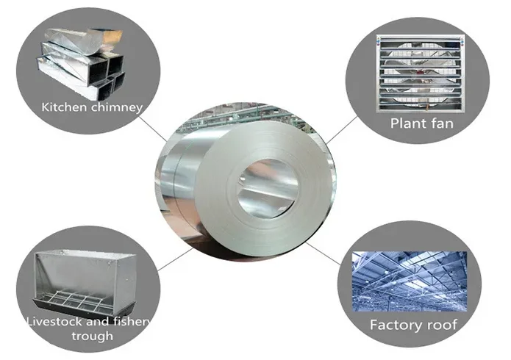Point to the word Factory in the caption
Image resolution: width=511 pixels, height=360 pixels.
coord(396,324)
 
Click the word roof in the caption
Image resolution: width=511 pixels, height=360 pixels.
coord(443,324)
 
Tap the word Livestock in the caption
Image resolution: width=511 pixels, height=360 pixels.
coord(54,322)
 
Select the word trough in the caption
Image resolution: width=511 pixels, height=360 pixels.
coord(92,336)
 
